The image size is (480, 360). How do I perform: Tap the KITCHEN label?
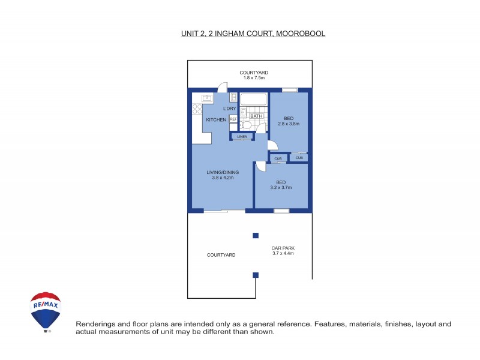[x=216, y=120]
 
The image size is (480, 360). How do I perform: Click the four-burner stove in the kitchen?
[x=197, y=109]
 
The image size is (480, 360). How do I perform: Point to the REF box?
[x=233, y=119]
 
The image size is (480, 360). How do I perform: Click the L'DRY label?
[x=229, y=109]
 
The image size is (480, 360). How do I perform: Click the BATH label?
[x=256, y=116]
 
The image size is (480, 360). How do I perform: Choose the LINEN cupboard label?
[x=242, y=137]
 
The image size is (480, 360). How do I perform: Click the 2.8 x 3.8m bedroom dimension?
[x=288, y=124]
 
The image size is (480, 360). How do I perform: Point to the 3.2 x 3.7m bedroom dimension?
[x=281, y=187]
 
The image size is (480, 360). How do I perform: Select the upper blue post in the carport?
[x=255, y=235]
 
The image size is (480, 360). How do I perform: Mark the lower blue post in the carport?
[x=255, y=275]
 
